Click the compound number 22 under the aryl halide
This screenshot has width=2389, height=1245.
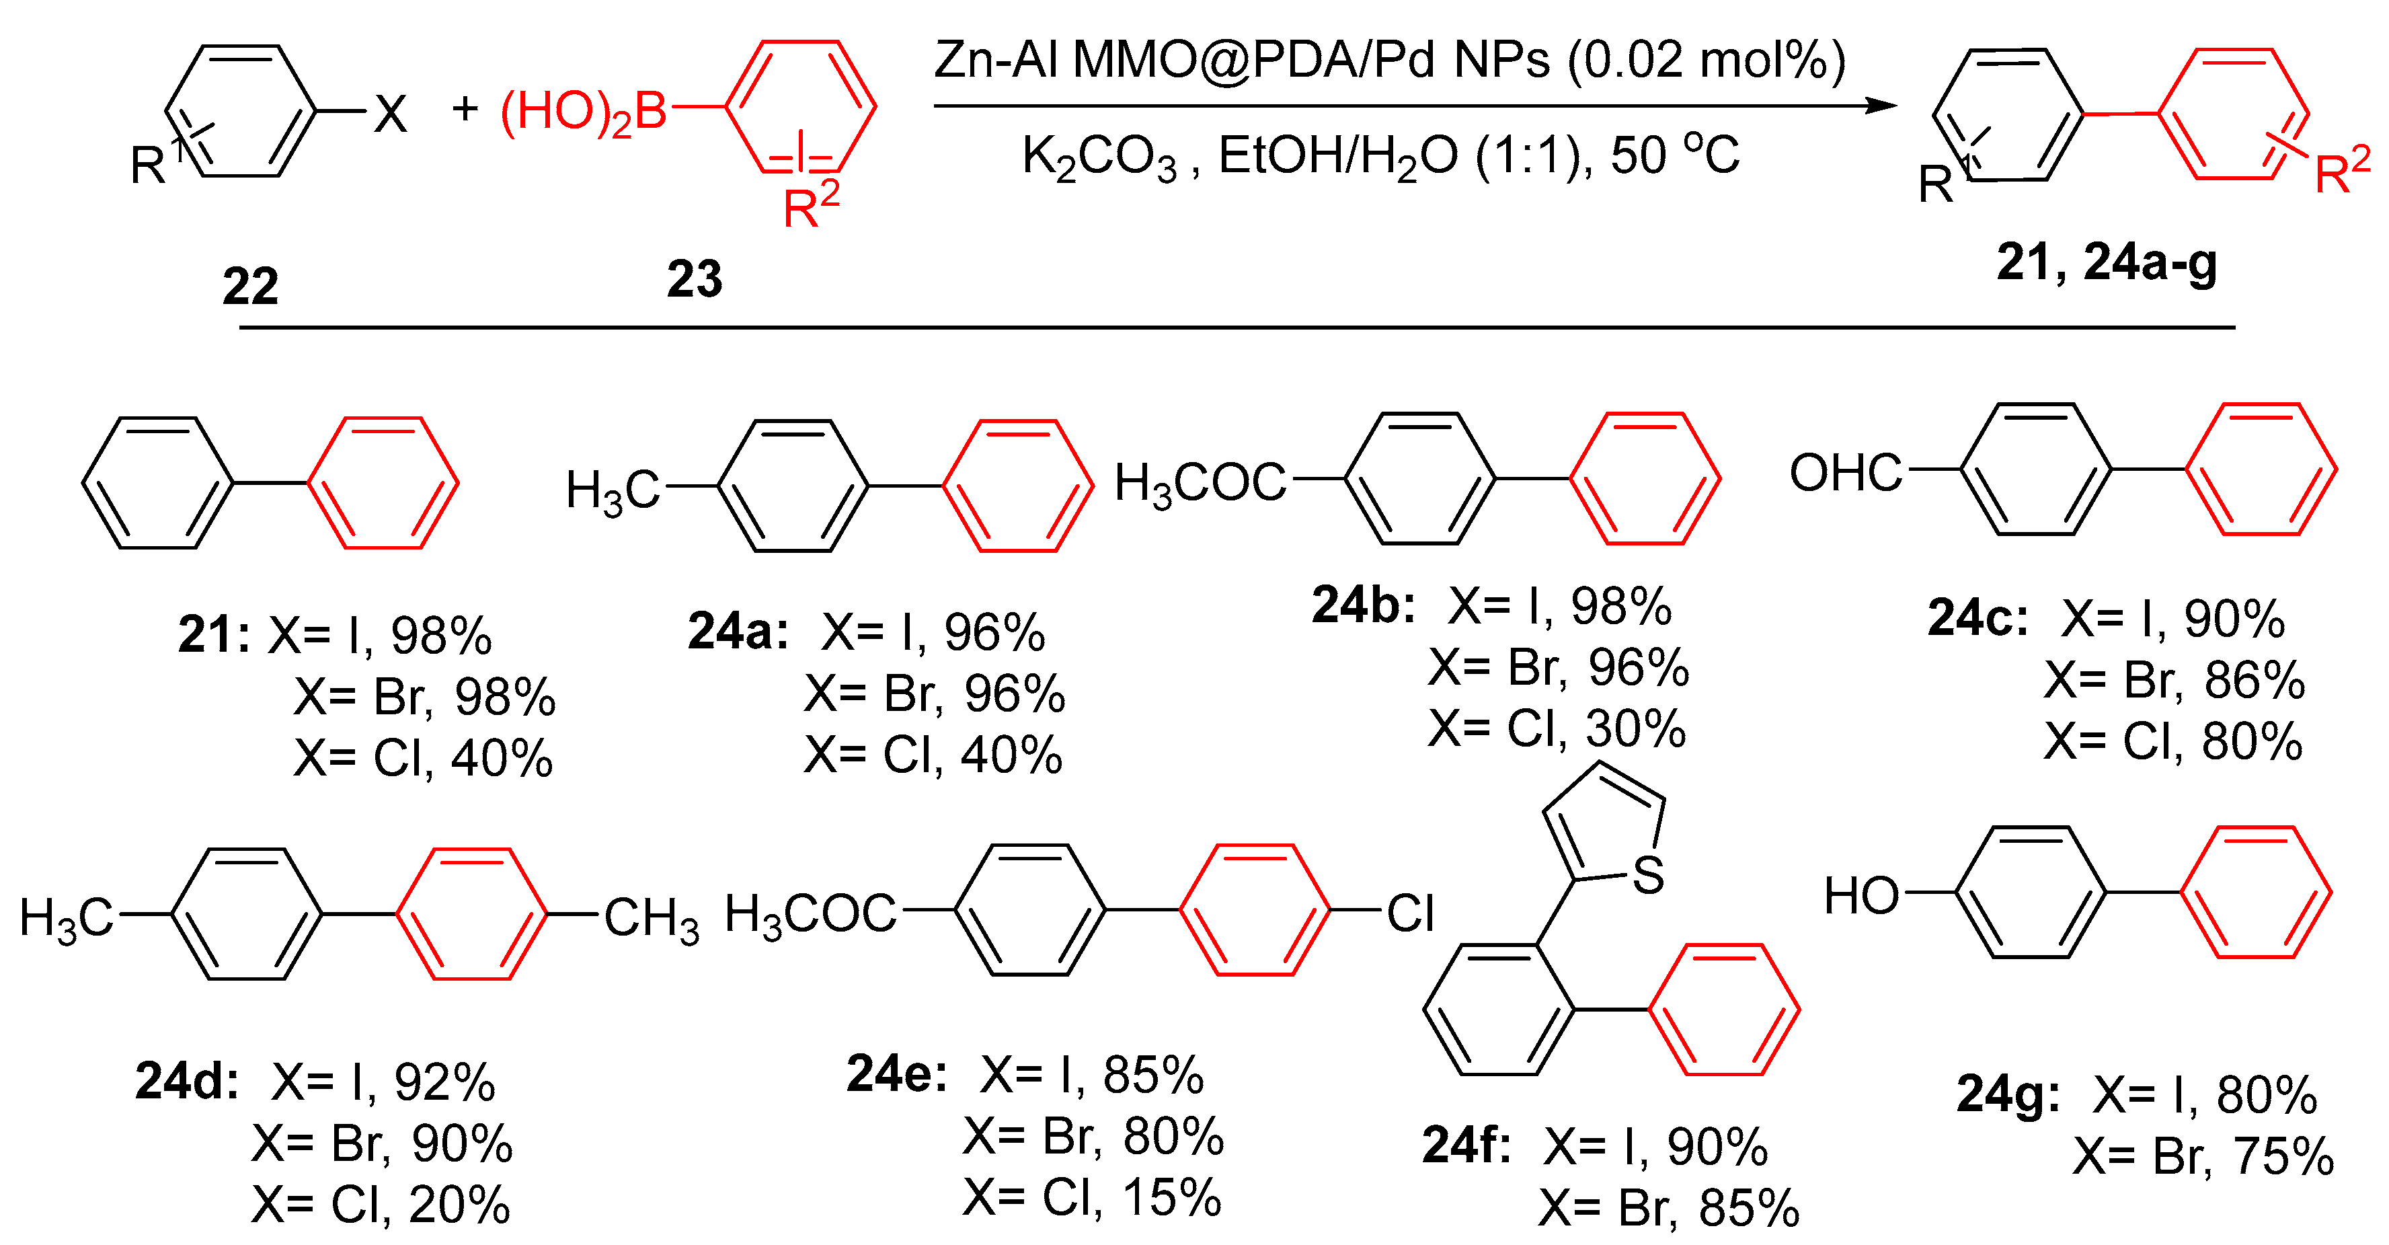pyautogui.click(x=250, y=286)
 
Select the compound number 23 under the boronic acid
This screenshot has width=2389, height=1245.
pyautogui.click(x=694, y=278)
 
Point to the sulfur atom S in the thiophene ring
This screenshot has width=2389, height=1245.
pyautogui.click(x=1648, y=875)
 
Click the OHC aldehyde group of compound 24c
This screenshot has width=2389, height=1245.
pyautogui.click(x=1846, y=472)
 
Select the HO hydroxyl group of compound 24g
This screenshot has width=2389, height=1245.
pyautogui.click(x=1861, y=896)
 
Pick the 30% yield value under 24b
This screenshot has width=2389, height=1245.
pyautogui.click(x=1636, y=729)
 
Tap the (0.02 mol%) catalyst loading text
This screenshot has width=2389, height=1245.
pyautogui.click(x=1707, y=61)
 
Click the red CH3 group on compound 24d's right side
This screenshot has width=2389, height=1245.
pyautogui.click(x=651, y=919)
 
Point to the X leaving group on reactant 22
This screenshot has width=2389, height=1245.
pyautogui.click(x=391, y=115)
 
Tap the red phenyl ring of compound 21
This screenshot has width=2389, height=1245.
pyautogui.click(x=383, y=482)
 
